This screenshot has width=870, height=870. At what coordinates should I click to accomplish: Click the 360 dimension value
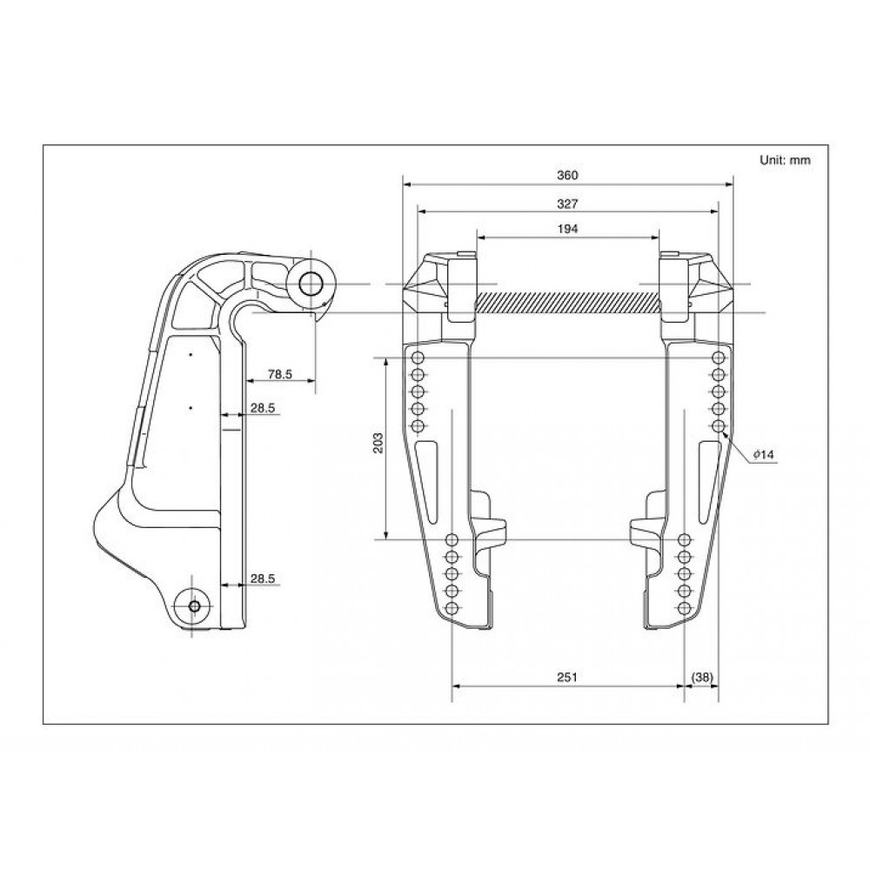[x=567, y=176]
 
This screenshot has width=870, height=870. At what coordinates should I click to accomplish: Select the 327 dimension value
[x=567, y=204]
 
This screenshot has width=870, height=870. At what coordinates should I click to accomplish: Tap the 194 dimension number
[x=567, y=229]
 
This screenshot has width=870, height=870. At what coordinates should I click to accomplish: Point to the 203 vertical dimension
[x=378, y=442]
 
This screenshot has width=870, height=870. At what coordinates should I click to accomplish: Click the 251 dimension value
[x=567, y=677]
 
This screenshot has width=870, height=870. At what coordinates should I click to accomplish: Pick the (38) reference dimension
[x=702, y=677]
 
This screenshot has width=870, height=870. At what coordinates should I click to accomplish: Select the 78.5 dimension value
[x=279, y=374]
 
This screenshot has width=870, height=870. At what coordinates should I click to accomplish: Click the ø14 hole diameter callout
[x=763, y=455]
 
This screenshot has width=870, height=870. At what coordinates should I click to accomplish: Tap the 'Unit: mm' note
[x=785, y=160]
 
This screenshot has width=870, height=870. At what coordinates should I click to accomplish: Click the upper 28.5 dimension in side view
[x=263, y=408]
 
